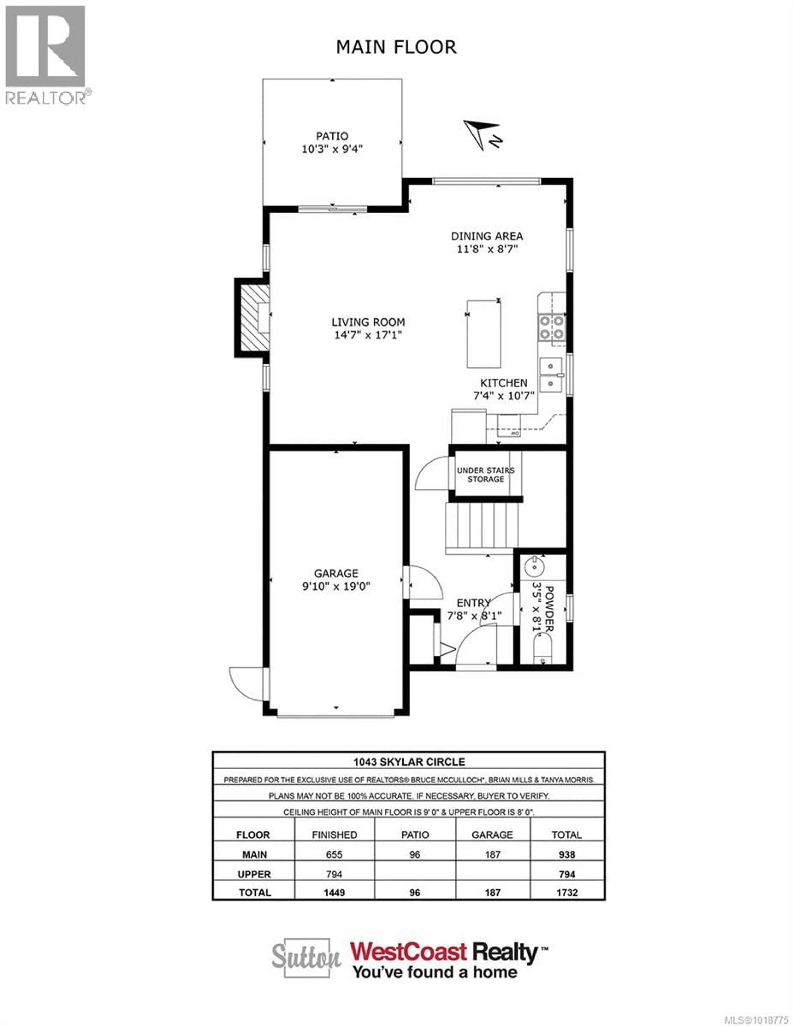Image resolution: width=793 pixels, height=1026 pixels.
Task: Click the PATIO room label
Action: pos(332,136)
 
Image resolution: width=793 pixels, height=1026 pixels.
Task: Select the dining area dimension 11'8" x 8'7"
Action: pos(487,249)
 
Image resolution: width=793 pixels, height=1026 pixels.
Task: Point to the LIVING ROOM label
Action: pos(368,322)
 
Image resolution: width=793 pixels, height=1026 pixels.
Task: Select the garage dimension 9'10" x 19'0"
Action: pos(336,586)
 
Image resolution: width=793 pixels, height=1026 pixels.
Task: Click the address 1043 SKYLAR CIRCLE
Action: pos(409,762)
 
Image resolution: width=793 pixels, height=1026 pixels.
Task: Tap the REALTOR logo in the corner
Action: pos(46,54)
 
